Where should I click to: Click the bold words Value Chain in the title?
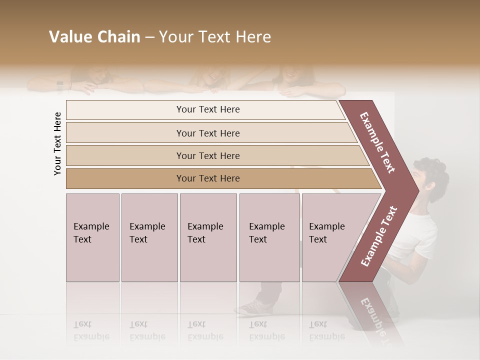[x=94, y=37]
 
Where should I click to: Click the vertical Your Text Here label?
[x=57, y=143]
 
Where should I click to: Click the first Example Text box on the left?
[x=92, y=237]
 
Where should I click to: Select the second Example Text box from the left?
[x=149, y=237]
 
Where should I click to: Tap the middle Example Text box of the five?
[x=208, y=237]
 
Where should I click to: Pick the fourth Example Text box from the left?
[x=269, y=237]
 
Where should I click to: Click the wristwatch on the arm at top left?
[x=60, y=86]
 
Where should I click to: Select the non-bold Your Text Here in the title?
[x=215, y=37]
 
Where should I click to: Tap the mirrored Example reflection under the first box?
[x=91, y=336]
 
